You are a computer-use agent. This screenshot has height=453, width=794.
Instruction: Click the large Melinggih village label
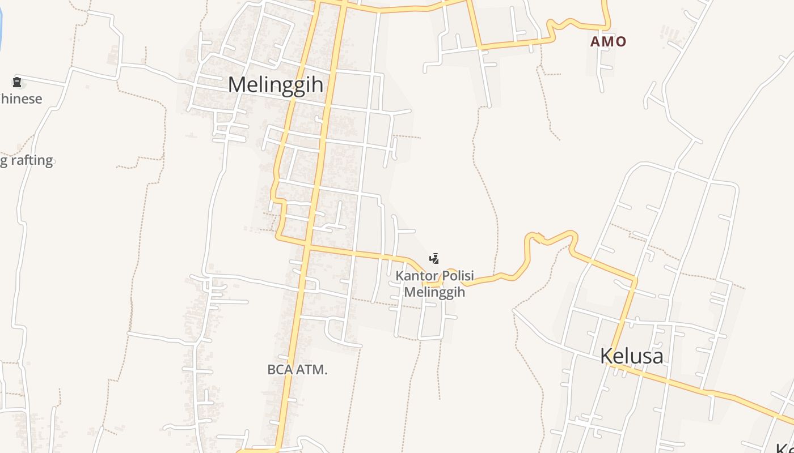pyautogui.click(x=276, y=85)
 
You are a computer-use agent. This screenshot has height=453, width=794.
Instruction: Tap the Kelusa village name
pyautogui.click(x=631, y=356)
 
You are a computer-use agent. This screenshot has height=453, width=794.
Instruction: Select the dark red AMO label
pyautogui.click(x=608, y=41)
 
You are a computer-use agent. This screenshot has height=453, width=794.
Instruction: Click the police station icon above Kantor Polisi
pyautogui.click(x=434, y=259)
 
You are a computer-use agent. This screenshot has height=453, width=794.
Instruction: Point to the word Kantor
pyautogui.click(x=417, y=276)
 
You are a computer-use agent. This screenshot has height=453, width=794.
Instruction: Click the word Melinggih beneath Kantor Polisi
pyautogui.click(x=434, y=292)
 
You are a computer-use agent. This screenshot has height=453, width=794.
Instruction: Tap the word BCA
pyautogui.click(x=281, y=370)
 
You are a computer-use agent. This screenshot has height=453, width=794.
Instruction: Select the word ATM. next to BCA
pyautogui.click(x=312, y=370)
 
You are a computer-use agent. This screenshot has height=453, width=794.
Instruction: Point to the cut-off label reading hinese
pyautogui.click(x=21, y=99)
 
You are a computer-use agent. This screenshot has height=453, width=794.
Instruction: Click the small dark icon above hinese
pyautogui.click(x=17, y=83)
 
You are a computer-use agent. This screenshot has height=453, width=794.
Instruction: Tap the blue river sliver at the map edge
pyautogui.click(x=1, y=23)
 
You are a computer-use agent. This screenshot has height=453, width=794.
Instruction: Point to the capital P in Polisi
pyautogui.click(x=445, y=276)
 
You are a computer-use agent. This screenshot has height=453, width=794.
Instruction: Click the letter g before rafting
pyautogui.click(x=4, y=161)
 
